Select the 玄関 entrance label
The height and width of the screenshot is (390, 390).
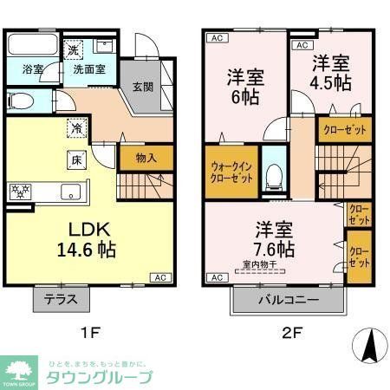tap(143, 87)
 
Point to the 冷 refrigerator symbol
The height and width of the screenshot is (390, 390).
tap(76, 127)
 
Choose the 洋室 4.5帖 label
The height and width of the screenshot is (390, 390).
tap(330, 74)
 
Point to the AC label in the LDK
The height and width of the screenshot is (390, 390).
tap(160, 277)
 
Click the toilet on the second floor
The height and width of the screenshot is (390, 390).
tap(276, 172)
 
